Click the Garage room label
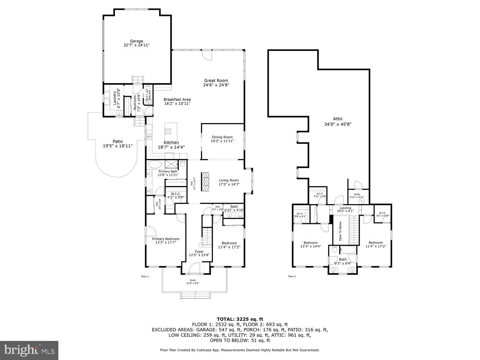136,43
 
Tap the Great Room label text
216,83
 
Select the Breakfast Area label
177,102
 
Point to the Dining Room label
222,139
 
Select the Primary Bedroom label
165,240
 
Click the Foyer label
199,253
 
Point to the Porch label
193,282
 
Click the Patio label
118,144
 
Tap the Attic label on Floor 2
338,121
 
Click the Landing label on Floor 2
345,209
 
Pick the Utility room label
357,196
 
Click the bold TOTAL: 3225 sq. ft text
240,319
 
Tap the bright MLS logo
30,350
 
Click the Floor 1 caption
145,276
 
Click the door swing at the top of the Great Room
207,55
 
